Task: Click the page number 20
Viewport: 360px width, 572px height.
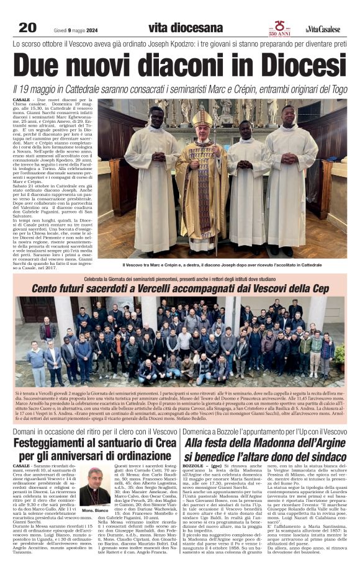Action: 27,27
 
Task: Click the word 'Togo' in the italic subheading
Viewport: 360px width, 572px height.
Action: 336,90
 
